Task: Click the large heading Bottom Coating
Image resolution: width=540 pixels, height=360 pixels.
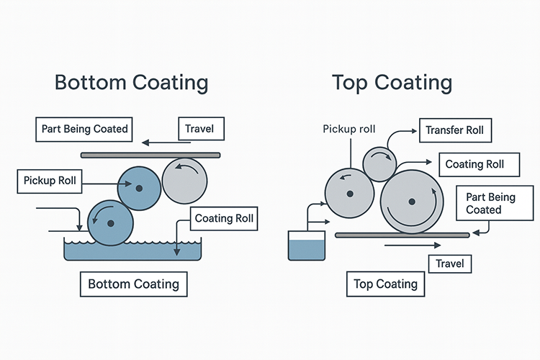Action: click(132, 82)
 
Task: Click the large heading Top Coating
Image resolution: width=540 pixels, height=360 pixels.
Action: click(392, 82)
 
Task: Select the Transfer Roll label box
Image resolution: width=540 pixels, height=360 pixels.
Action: click(454, 130)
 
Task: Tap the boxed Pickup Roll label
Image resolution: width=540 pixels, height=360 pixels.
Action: click(48, 180)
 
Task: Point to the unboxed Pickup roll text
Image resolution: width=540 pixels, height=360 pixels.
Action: click(348, 129)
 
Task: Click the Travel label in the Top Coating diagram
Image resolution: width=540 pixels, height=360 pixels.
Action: click(450, 264)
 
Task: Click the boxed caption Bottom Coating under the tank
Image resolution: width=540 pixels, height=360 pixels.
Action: click(133, 284)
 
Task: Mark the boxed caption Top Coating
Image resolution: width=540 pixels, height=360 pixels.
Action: click(385, 284)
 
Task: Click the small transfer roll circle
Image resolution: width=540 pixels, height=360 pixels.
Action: click(379, 165)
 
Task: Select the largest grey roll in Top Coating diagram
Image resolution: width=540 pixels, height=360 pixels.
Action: click(411, 201)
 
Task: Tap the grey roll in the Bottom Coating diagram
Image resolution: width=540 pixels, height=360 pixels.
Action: click(184, 180)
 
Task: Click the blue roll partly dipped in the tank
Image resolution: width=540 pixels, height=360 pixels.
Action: click(111, 223)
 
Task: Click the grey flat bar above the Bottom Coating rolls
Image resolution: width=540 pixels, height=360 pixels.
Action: click(150, 155)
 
